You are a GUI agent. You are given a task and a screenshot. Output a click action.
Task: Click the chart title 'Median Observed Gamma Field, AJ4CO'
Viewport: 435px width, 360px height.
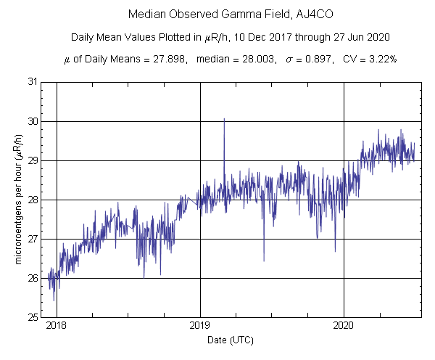[217, 15]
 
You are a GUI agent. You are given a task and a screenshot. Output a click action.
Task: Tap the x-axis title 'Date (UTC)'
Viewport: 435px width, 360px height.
[231, 340]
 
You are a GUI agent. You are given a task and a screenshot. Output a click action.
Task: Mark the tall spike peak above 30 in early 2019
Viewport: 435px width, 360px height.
[224, 118]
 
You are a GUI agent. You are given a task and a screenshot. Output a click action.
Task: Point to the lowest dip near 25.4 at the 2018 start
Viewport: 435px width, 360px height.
[54, 300]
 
